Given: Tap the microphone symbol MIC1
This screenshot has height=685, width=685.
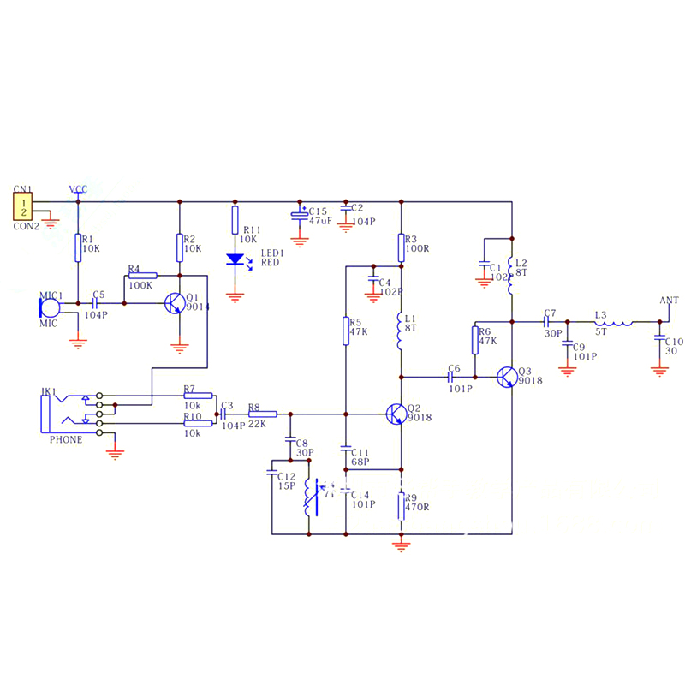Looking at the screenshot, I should pos(51,303).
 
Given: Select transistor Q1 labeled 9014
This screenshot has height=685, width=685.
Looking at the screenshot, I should pos(175,304).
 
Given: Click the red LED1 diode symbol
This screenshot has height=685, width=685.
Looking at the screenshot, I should pos(235,259).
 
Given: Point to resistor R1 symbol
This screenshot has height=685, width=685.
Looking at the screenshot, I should pos(78,247).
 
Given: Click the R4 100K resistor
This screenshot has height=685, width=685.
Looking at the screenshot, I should pos(142,276).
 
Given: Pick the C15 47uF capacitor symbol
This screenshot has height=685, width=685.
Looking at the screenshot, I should pos(299,214).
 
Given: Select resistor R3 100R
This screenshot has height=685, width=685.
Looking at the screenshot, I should pos(401,247).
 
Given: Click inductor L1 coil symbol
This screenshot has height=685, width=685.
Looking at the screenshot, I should pos(400,332).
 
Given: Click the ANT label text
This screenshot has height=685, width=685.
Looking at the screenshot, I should pos(670,301).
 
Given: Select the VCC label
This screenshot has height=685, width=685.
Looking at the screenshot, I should pos(78,188).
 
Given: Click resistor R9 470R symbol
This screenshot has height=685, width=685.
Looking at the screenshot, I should pos(401,506).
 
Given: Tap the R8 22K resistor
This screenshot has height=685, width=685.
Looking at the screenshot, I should pos(257,414).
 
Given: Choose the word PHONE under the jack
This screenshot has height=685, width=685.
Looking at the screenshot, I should pos(66,440).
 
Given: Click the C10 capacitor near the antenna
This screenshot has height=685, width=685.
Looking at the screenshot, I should pos(658,338).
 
